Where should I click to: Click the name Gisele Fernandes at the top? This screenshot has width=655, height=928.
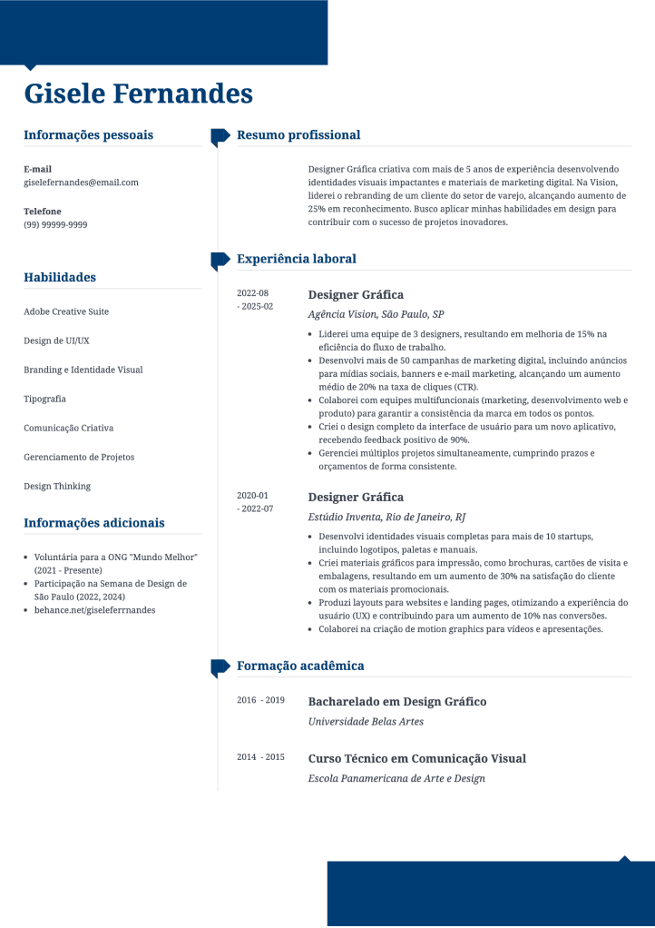[x=138, y=94]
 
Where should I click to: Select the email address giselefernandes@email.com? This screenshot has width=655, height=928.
[x=81, y=183]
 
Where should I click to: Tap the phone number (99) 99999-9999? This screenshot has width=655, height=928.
[x=55, y=224]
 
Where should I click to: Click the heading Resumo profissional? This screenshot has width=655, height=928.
[x=298, y=135]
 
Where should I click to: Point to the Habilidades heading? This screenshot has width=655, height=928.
[x=60, y=278]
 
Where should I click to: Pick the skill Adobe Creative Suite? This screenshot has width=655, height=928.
[x=66, y=311]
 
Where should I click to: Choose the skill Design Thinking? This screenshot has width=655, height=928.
[x=57, y=486]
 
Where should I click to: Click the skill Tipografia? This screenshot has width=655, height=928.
[x=44, y=399]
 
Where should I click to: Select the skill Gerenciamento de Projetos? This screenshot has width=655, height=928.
[x=79, y=457]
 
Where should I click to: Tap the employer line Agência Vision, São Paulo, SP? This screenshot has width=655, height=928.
[x=376, y=314]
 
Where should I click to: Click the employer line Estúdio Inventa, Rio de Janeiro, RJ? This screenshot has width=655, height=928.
[x=386, y=517]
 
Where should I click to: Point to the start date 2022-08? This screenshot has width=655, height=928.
[x=252, y=293]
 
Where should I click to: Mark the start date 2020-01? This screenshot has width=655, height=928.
[x=252, y=496]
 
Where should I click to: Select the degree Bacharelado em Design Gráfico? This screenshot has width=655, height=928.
[x=397, y=702]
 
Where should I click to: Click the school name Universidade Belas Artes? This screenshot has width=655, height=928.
[x=366, y=722]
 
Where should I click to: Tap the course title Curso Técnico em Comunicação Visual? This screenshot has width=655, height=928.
[x=417, y=758]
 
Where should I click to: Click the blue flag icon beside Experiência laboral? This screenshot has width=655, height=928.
[x=220, y=261]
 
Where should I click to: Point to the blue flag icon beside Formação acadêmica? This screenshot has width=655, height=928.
[x=220, y=667]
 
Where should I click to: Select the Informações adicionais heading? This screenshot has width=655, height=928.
[x=94, y=523]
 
